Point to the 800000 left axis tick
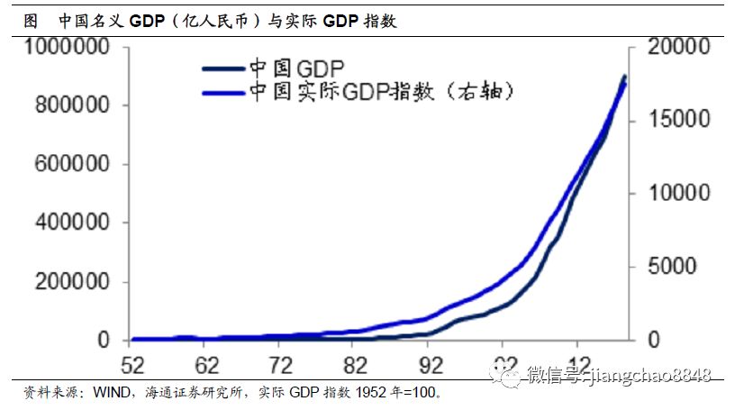(74, 106)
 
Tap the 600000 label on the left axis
(74, 165)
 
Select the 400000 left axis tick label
(74, 223)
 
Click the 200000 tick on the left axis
(74, 282)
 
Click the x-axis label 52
(132, 365)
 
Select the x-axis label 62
(207, 365)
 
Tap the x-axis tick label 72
(282, 365)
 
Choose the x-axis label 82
(357, 365)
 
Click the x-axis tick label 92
(431, 365)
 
